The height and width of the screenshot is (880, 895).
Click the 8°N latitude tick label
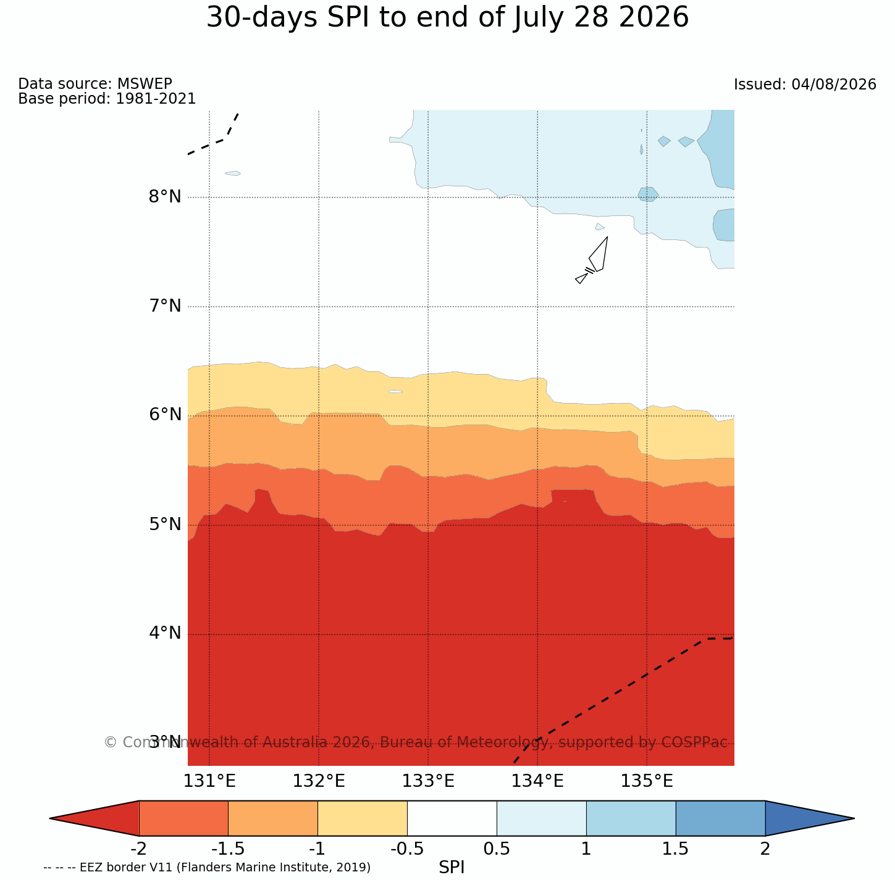pos(164,197)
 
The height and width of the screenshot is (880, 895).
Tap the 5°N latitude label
pos(164,524)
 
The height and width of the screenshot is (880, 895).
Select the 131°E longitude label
pos(209,781)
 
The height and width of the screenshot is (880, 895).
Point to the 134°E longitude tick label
pos(537,781)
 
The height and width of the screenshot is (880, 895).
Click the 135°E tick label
pos(647,781)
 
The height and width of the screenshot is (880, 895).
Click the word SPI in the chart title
pos(349,18)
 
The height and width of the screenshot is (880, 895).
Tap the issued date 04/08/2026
pos(833,85)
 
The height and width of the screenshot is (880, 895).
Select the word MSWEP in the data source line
pos(145,83)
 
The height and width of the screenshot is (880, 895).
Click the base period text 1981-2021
pos(156,98)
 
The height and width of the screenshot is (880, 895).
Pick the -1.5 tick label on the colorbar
pos(227,849)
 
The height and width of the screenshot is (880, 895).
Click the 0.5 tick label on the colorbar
pos(497,849)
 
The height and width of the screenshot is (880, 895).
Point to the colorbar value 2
pos(765,849)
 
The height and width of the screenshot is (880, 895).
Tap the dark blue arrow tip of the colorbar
pos(854,818)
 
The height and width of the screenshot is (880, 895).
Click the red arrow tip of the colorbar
pos(50,818)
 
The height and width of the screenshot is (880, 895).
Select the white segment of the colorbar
pos(452,818)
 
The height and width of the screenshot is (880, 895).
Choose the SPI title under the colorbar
pos(452,867)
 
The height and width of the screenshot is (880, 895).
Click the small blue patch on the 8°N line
pos(648,194)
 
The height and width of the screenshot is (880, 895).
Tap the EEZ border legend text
pos(207,867)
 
